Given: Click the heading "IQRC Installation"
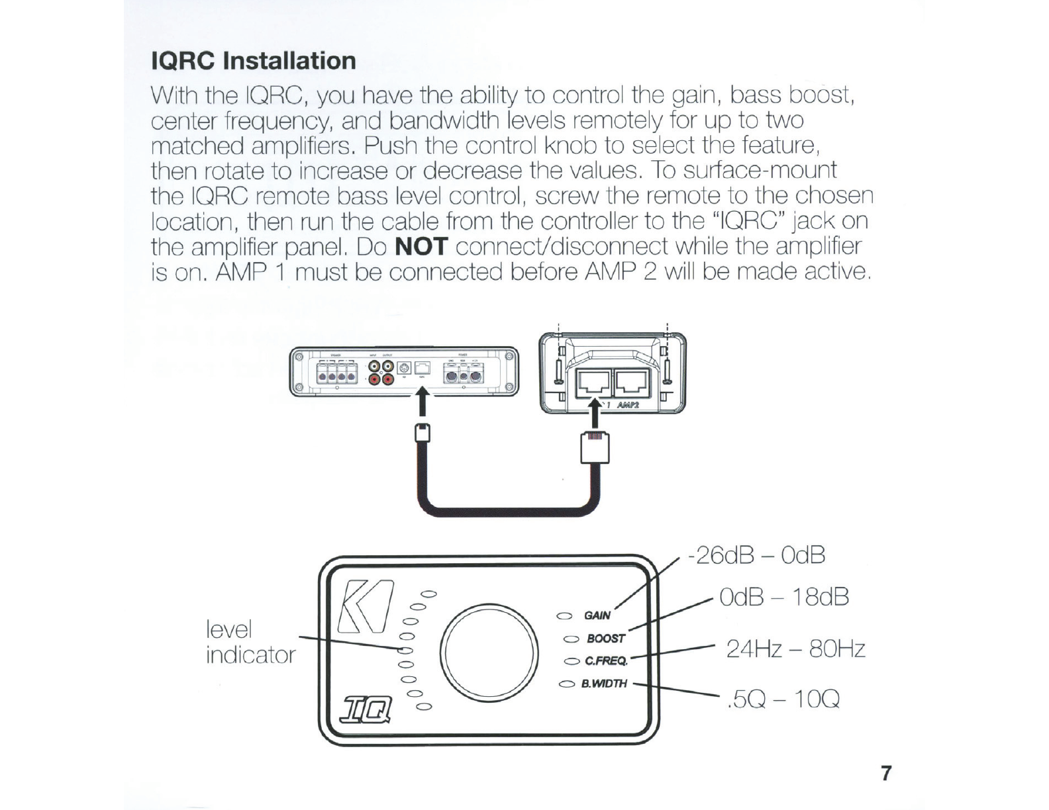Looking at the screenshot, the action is (x=254, y=61).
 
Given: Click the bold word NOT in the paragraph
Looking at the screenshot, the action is (x=422, y=247).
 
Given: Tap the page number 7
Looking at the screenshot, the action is (x=886, y=773).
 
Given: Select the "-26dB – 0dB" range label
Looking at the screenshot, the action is (x=756, y=555).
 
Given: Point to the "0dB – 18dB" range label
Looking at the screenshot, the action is (x=783, y=597).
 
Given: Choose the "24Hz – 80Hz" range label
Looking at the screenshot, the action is (x=795, y=649).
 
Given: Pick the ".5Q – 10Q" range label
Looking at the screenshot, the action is (x=783, y=698).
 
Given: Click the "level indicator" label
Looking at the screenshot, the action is (x=250, y=642).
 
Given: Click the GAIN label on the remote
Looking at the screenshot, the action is (x=597, y=615).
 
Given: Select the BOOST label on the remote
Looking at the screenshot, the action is (x=605, y=639).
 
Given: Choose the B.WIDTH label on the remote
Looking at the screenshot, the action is (x=603, y=683).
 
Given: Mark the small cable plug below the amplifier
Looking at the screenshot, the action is (x=422, y=433).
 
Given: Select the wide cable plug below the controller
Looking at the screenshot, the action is (x=595, y=447).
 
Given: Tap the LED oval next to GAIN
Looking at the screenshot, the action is (x=565, y=616).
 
